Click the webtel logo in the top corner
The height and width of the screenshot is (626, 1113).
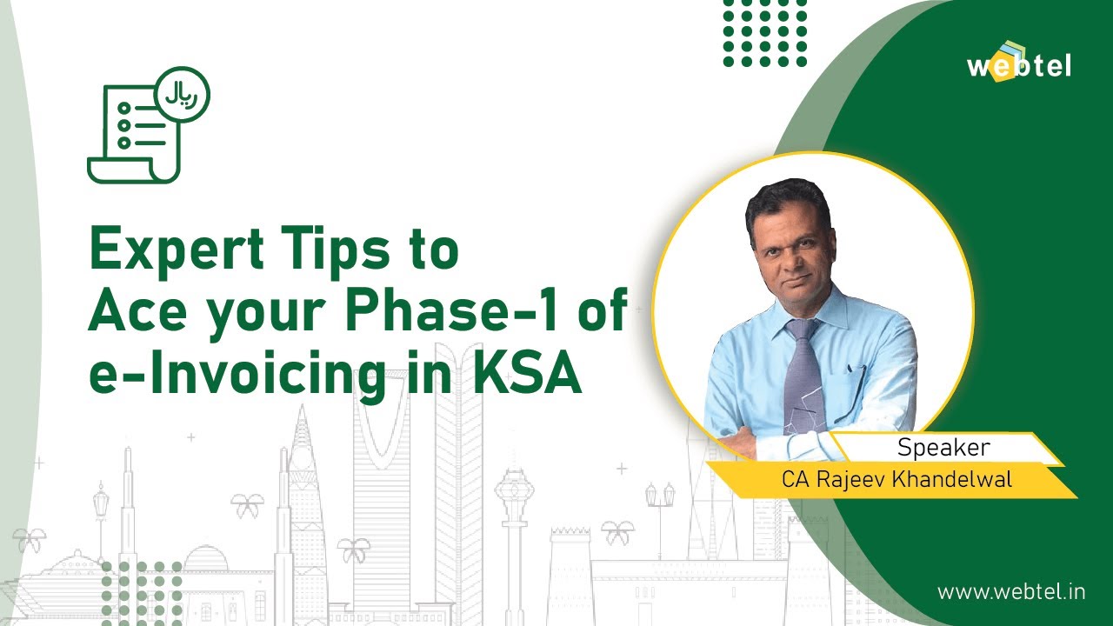click(1019, 62)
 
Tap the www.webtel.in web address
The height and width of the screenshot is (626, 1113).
click(1011, 592)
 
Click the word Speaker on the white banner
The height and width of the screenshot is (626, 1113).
click(943, 448)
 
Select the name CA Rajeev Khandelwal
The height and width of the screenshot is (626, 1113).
click(896, 479)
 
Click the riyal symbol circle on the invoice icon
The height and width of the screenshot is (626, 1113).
click(182, 95)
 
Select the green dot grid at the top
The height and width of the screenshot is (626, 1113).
click(765, 32)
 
